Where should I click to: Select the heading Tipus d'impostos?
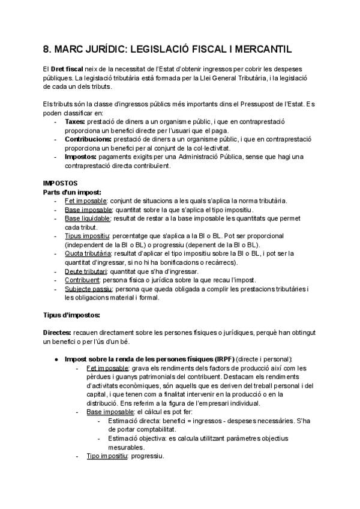[71, 315]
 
